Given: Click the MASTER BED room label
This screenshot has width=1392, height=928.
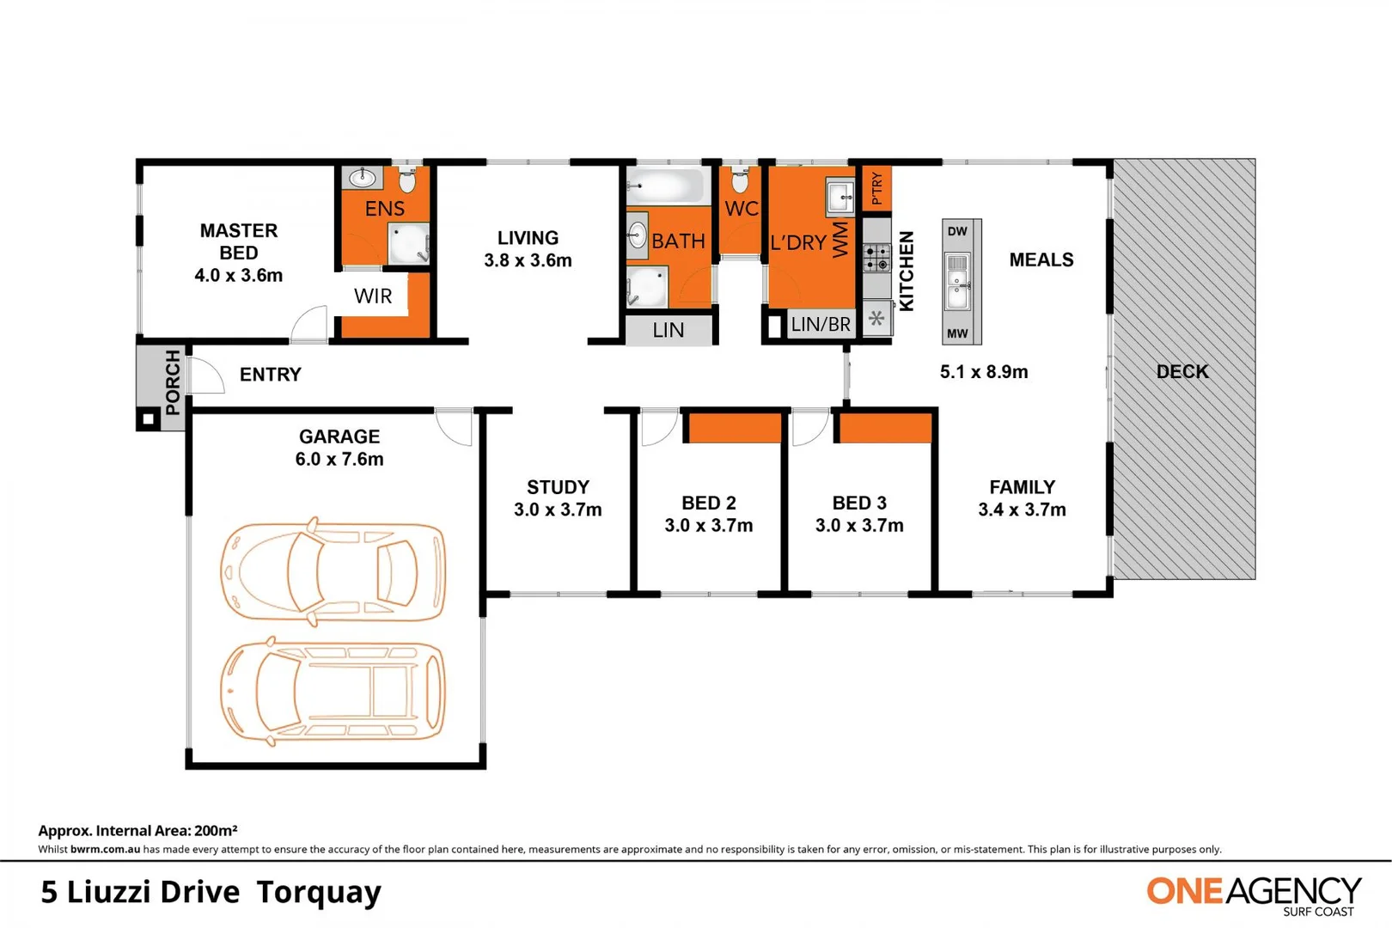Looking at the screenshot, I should pos(238,253).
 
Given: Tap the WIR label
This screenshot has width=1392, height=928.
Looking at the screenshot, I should pos(373,296).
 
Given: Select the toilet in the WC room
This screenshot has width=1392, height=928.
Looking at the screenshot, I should pos(740,180).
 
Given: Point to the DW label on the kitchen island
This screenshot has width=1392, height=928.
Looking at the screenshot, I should pos(957,231).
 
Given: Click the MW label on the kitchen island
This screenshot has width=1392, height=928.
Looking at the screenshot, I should pos(957,333).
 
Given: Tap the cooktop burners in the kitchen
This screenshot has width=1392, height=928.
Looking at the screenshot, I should pos(876,258).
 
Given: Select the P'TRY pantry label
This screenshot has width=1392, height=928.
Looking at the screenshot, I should pos(876,188).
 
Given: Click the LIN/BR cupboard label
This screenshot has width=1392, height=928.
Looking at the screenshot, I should pos(821,325).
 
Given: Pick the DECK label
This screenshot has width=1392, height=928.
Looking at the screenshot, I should pos(1182,372).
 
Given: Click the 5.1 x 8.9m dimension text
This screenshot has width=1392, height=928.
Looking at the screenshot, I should pos(984,372).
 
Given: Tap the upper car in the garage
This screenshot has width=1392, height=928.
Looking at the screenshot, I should pos(333,571).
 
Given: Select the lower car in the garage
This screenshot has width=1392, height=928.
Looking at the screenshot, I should pos(333,691).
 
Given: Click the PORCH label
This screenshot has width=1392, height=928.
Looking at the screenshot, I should pos(173,382).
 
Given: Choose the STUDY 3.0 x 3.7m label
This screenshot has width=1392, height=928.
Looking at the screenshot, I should pos(558,498).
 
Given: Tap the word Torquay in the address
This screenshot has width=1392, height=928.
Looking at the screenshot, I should pos(319,893).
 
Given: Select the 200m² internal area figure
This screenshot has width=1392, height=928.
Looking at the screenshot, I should pos(216,831).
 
